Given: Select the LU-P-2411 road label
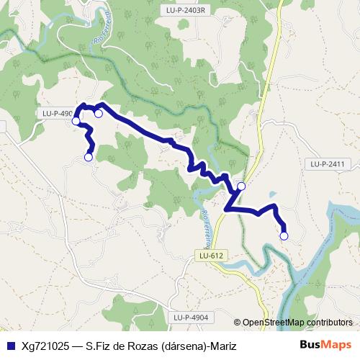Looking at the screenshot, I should (328, 164).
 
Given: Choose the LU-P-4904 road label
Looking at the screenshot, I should (190, 317).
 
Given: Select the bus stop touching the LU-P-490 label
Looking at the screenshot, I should (76, 121).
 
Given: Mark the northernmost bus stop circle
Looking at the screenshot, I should (99, 113).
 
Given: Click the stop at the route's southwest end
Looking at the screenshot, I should (89, 156).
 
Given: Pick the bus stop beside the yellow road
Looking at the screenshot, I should (241, 186).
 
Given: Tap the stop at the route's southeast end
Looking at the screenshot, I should (284, 235).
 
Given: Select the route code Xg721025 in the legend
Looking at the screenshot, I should (45, 344).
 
